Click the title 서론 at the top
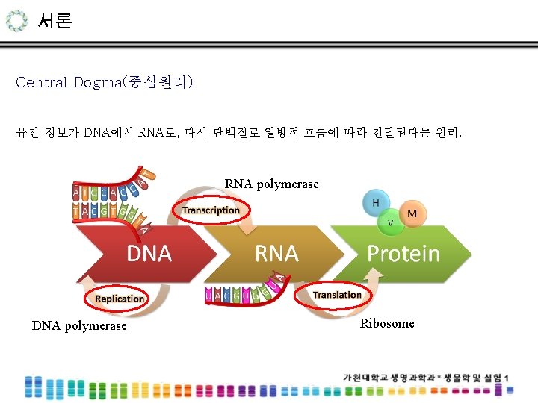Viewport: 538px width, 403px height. (55, 21)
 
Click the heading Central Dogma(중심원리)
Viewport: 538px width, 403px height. (105, 82)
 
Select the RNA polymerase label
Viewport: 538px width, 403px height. (271, 184)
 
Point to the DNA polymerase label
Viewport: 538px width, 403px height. (79, 326)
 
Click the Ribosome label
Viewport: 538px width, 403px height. (386, 323)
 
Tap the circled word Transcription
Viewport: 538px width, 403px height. (211, 210)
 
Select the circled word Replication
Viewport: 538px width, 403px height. (120, 299)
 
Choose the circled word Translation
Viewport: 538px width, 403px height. (337, 295)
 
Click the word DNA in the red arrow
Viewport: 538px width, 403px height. (149, 254)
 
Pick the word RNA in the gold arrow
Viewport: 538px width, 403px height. (276, 254)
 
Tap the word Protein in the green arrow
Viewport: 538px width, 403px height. (403, 254)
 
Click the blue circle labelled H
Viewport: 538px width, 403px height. (376, 203)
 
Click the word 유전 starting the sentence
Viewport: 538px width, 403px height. (27, 134)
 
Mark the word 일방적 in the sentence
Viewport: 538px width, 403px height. (282, 134)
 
